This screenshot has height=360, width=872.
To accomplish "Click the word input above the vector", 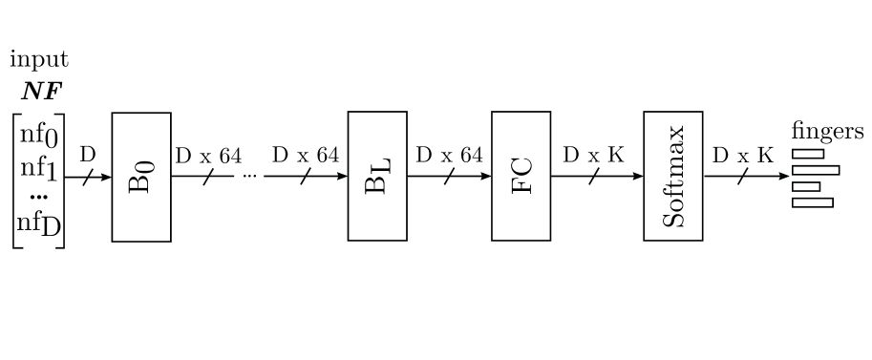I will (39, 61).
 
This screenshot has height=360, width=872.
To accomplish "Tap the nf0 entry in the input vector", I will (39, 136).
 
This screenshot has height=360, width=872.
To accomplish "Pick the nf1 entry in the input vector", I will (39, 170).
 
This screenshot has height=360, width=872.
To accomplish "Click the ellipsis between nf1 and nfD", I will (38, 197).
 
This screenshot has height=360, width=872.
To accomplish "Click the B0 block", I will (140, 177).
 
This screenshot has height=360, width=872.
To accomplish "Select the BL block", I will (376, 177).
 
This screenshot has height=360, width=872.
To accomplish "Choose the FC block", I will (521, 177).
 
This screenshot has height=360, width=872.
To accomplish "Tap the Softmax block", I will (672, 177).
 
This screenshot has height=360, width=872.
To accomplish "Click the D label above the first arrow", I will (87, 155).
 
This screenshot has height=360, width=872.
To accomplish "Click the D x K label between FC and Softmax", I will (593, 155).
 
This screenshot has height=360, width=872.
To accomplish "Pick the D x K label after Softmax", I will (744, 155).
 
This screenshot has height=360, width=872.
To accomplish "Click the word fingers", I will (827, 133).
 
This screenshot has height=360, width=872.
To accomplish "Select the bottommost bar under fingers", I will (813, 201).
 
